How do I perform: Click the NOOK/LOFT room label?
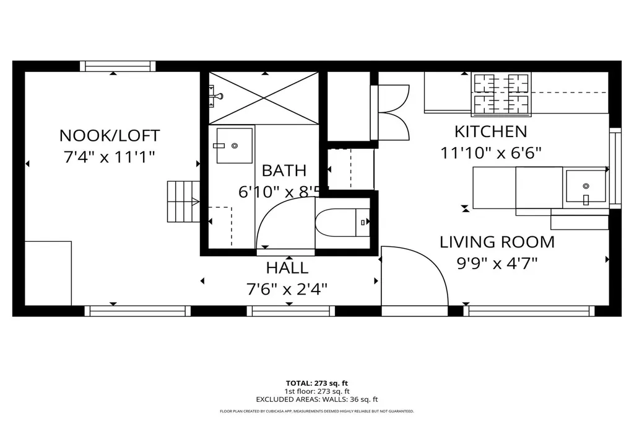point(110,135)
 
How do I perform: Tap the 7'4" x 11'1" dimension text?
point(110,156)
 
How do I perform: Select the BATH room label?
point(284,171)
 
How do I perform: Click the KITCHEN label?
point(490,131)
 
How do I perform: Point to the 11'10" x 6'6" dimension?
point(491,153)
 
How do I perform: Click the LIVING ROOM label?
point(497,242)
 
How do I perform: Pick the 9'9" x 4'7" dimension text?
point(497,263)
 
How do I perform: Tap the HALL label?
point(287,269)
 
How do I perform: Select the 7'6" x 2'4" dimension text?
point(287,289)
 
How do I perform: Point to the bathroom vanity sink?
point(234,146)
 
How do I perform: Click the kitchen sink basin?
point(586,185)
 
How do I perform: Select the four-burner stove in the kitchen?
point(502,94)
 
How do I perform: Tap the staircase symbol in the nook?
point(183,202)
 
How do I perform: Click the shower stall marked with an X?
point(265,98)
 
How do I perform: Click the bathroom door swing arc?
point(282,220)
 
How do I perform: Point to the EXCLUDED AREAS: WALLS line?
point(316,399)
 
